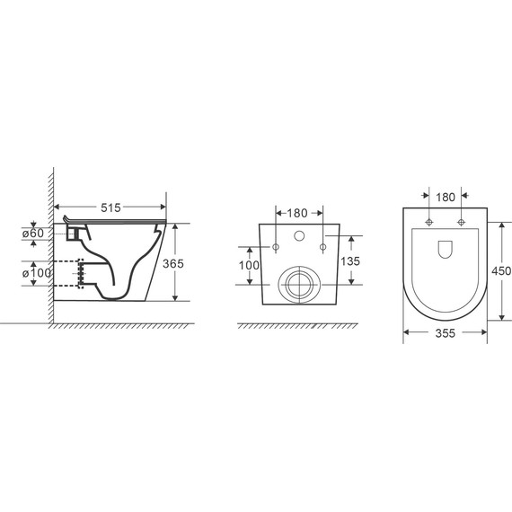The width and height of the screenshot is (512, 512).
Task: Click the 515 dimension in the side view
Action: coord(110,207)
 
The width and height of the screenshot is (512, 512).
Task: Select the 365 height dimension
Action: coord(173,263)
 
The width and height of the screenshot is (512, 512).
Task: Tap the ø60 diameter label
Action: coord(33,234)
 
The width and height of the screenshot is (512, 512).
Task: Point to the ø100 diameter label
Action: coord(37,273)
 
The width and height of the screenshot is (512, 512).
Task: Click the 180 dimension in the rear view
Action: coord(297,213)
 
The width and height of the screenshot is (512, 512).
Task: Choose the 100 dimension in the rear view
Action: coord(249,266)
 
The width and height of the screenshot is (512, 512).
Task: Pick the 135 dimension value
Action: coord(350,261)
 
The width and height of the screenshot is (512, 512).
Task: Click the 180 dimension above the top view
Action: coord(446,198)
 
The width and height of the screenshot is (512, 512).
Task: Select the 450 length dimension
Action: coord(501,271)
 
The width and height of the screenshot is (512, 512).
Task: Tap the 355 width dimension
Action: coord(445,333)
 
